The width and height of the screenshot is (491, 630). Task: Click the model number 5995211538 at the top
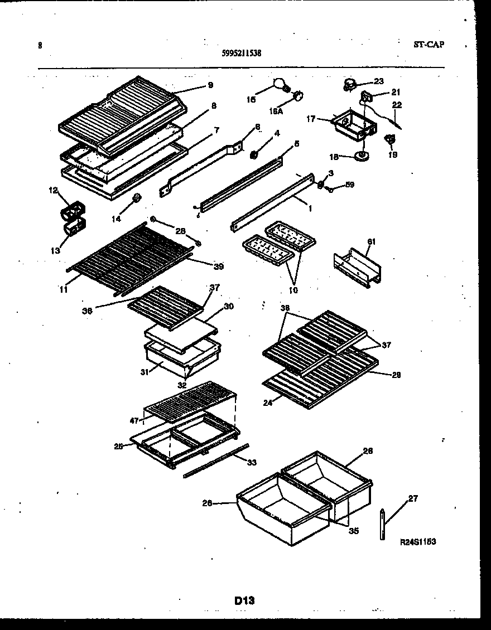click(x=242, y=54)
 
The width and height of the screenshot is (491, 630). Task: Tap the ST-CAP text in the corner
click(x=429, y=45)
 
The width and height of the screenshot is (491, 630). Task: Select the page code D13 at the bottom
click(x=244, y=600)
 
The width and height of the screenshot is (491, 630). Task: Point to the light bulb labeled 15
click(x=280, y=84)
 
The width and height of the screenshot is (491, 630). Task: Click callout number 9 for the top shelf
click(x=210, y=85)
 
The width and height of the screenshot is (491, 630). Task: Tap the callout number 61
click(x=370, y=241)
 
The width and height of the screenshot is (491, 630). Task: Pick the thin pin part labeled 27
click(x=382, y=524)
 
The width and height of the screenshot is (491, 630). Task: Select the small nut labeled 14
click(x=136, y=198)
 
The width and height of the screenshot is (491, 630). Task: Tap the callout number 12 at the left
click(x=53, y=191)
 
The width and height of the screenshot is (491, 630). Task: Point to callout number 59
click(x=350, y=185)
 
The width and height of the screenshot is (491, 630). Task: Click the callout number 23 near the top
click(x=379, y=81)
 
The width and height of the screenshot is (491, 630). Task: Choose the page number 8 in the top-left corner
click(x=40, y=46)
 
